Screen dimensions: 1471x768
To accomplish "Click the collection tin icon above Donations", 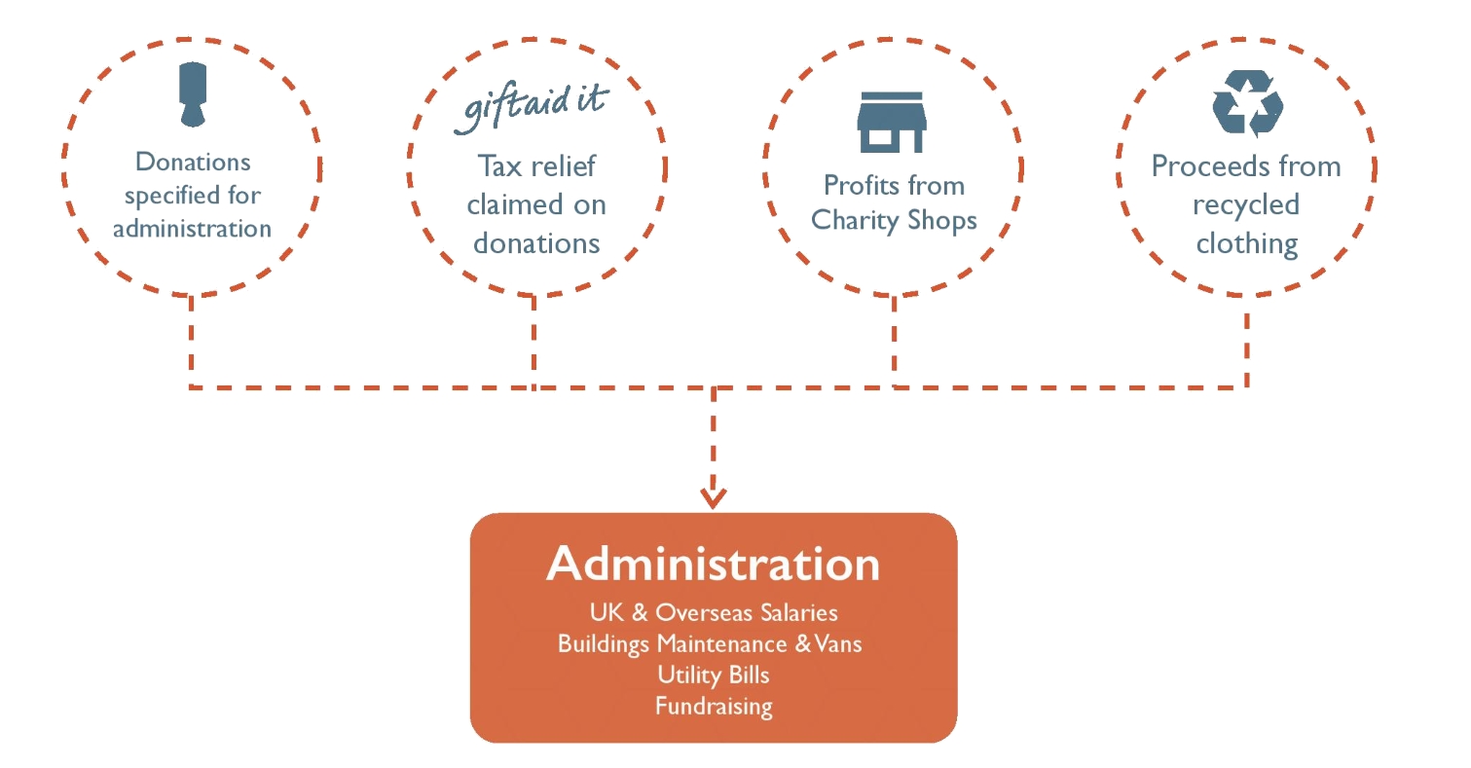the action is coord(193,93).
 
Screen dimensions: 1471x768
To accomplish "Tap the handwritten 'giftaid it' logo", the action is coord(532,108).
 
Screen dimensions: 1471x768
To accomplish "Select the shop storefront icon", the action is coord(891,122).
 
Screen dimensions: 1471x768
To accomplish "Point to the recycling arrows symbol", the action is coord(1247,104).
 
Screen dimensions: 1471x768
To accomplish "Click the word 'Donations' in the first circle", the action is coord(193,162).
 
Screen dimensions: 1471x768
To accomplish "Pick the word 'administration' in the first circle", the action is coord(192,229).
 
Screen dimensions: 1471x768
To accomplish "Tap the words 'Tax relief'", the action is coord(536,166).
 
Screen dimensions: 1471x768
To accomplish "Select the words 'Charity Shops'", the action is coord(894,221).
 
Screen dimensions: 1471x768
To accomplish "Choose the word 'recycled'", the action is coord(1246,204).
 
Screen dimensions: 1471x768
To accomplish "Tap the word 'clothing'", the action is coord(1246,244).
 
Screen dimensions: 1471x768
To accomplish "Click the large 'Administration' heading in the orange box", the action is coord(714,564).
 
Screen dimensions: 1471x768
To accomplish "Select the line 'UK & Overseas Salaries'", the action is coord(714,612).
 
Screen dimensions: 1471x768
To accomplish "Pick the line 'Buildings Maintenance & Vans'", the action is coord(710,644).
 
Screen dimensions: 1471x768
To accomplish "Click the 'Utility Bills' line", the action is coord(714,675).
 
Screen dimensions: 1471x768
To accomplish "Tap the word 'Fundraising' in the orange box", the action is coord(714,707).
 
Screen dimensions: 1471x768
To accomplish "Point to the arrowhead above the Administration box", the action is coord(714,496).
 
